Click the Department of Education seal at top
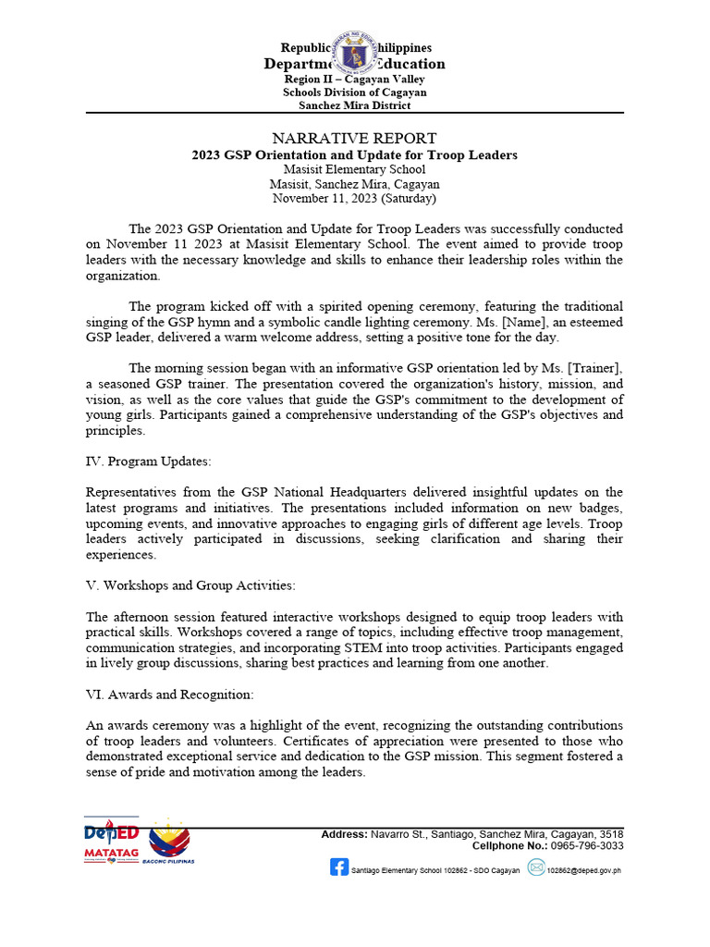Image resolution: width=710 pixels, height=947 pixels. coord(355,55)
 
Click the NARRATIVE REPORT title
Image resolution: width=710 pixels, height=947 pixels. coord(355,138)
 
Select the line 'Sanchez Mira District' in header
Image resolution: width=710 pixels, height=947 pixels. coord(355,105)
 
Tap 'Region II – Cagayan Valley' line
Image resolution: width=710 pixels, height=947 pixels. coord(355,80)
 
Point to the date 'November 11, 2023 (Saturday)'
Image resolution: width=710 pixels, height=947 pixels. coord(355,198)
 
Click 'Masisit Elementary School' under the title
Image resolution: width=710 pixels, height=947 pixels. coord(355,169)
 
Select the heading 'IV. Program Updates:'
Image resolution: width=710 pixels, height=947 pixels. coord(145,461)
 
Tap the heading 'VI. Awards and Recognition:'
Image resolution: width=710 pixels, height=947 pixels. coord(164,694)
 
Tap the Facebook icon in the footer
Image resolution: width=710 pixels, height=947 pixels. coord(338,868)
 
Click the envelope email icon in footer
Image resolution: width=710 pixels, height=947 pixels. coord(536,868)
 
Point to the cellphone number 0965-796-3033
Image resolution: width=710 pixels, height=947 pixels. coord(588,845)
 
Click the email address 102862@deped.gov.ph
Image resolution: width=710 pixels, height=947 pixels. coord(585,870)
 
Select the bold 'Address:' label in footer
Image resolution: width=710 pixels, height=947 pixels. coord(344,834)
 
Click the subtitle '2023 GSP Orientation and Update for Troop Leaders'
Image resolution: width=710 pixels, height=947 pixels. coord(355,154)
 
